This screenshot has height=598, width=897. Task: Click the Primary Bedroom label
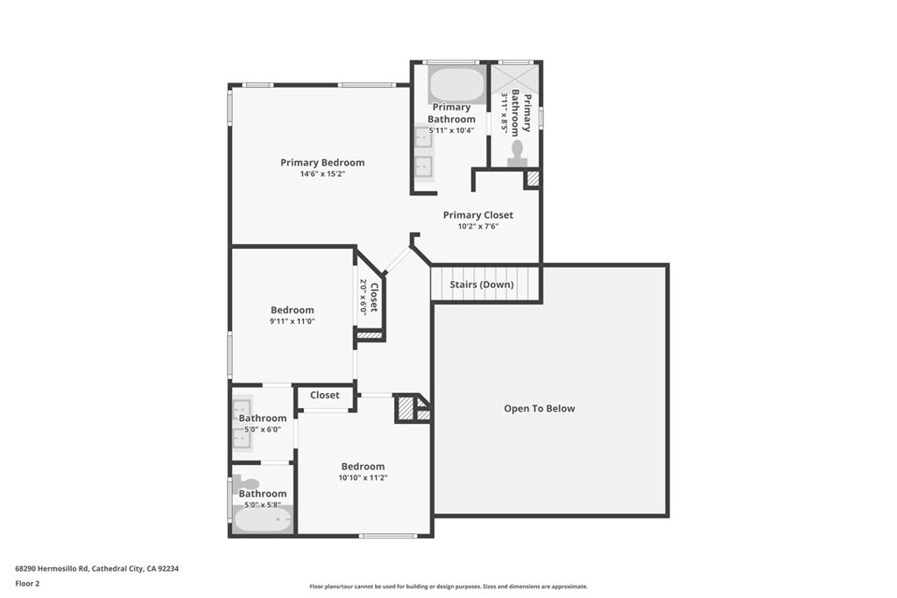[322, 162]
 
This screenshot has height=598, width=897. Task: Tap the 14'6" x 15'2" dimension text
[322, 174]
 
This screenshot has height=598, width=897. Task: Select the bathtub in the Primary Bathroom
[456, 85]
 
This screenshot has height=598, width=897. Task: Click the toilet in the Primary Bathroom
[517, 152]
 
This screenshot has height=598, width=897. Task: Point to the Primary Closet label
[477, 215]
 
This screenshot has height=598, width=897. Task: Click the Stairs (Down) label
[482, 285]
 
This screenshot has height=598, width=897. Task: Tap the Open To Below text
[539, 408]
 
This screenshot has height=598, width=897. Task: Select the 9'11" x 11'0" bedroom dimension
[292, 321]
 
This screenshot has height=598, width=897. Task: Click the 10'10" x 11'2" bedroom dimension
[363, 478]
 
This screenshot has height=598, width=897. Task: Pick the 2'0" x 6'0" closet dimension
[363, 297]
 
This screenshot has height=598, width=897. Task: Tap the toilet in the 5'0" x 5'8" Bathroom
[249, 483]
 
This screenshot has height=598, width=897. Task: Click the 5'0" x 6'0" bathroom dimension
[263, 429]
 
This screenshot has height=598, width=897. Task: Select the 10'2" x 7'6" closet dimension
[477, 227]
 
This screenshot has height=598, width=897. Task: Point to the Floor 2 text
[27, 583]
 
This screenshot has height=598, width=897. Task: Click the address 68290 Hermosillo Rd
[96, 568]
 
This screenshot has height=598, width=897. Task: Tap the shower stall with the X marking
[515, 76]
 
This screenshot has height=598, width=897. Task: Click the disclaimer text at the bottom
[448, 587]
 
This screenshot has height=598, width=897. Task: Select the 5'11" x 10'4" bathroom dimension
[451, 130]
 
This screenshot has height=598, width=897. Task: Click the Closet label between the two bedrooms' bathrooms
[324, 395]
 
